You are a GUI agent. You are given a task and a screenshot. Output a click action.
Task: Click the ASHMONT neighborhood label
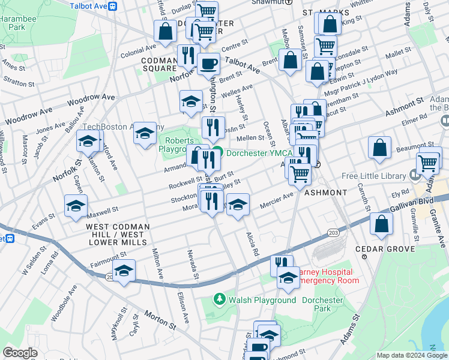[325, 193]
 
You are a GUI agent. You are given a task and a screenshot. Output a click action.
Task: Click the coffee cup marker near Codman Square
[208, 62]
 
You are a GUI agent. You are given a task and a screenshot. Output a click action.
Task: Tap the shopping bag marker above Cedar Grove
[382, 223]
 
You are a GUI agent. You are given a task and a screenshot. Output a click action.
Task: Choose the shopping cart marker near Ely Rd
[428, 162]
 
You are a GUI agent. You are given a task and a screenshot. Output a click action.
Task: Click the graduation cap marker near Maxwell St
[76, 205]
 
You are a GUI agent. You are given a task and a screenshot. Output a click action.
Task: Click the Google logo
[20, 353]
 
